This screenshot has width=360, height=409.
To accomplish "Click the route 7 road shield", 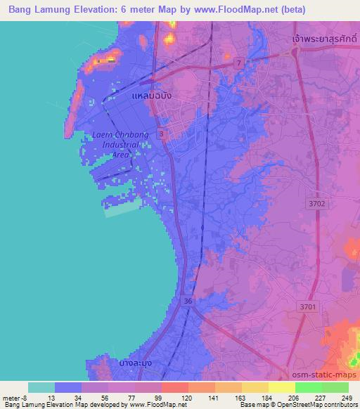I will tap(240, 63).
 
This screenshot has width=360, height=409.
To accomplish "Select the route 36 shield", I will tap(186, 300).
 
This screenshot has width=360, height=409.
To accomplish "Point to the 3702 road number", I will tap(317, 202).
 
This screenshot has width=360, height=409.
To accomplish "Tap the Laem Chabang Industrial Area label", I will tap(112, 144).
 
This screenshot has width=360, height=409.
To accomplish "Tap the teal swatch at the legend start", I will tap(41, 387).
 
